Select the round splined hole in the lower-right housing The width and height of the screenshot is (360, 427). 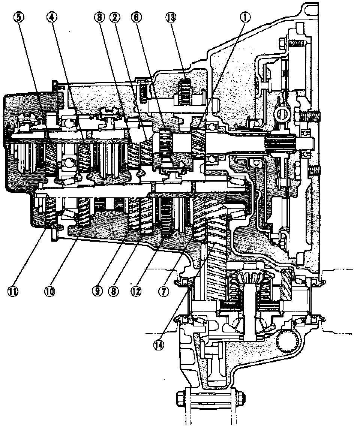tap(288, 341)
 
